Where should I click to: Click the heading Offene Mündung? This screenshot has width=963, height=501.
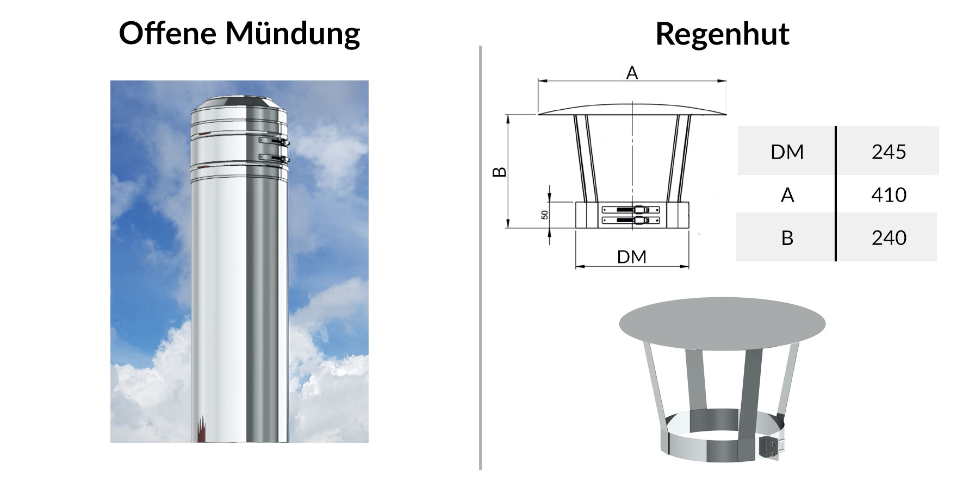click(239, 34)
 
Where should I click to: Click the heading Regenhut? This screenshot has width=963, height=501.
click(722, 34)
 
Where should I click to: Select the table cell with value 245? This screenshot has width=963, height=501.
click(889, 152)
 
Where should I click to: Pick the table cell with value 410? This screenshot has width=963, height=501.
click(889, 195)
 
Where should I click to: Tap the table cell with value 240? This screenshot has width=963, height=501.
click(889, 237)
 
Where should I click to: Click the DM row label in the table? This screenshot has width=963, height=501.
click(787, 152)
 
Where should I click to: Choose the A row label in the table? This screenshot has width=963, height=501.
click(787, 195)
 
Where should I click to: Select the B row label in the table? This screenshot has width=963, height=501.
click(787, 237)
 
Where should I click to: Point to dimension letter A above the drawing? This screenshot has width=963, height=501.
click(632, 73)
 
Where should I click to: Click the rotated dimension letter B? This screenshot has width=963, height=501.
click(499, 172)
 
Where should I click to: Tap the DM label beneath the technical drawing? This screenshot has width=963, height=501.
click(632, 256)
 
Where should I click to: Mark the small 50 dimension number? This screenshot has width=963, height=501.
click(545, 215)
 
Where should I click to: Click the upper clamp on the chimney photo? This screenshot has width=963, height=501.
click(274, 142)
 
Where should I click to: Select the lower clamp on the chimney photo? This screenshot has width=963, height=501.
click(274, 159)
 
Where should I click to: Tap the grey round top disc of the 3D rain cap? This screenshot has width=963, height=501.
click(722, 323)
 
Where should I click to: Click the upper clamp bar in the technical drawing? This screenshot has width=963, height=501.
click(631, 209)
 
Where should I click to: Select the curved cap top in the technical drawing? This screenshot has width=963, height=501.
click(632, 109)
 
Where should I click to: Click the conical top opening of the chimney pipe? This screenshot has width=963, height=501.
click(239, 103)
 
